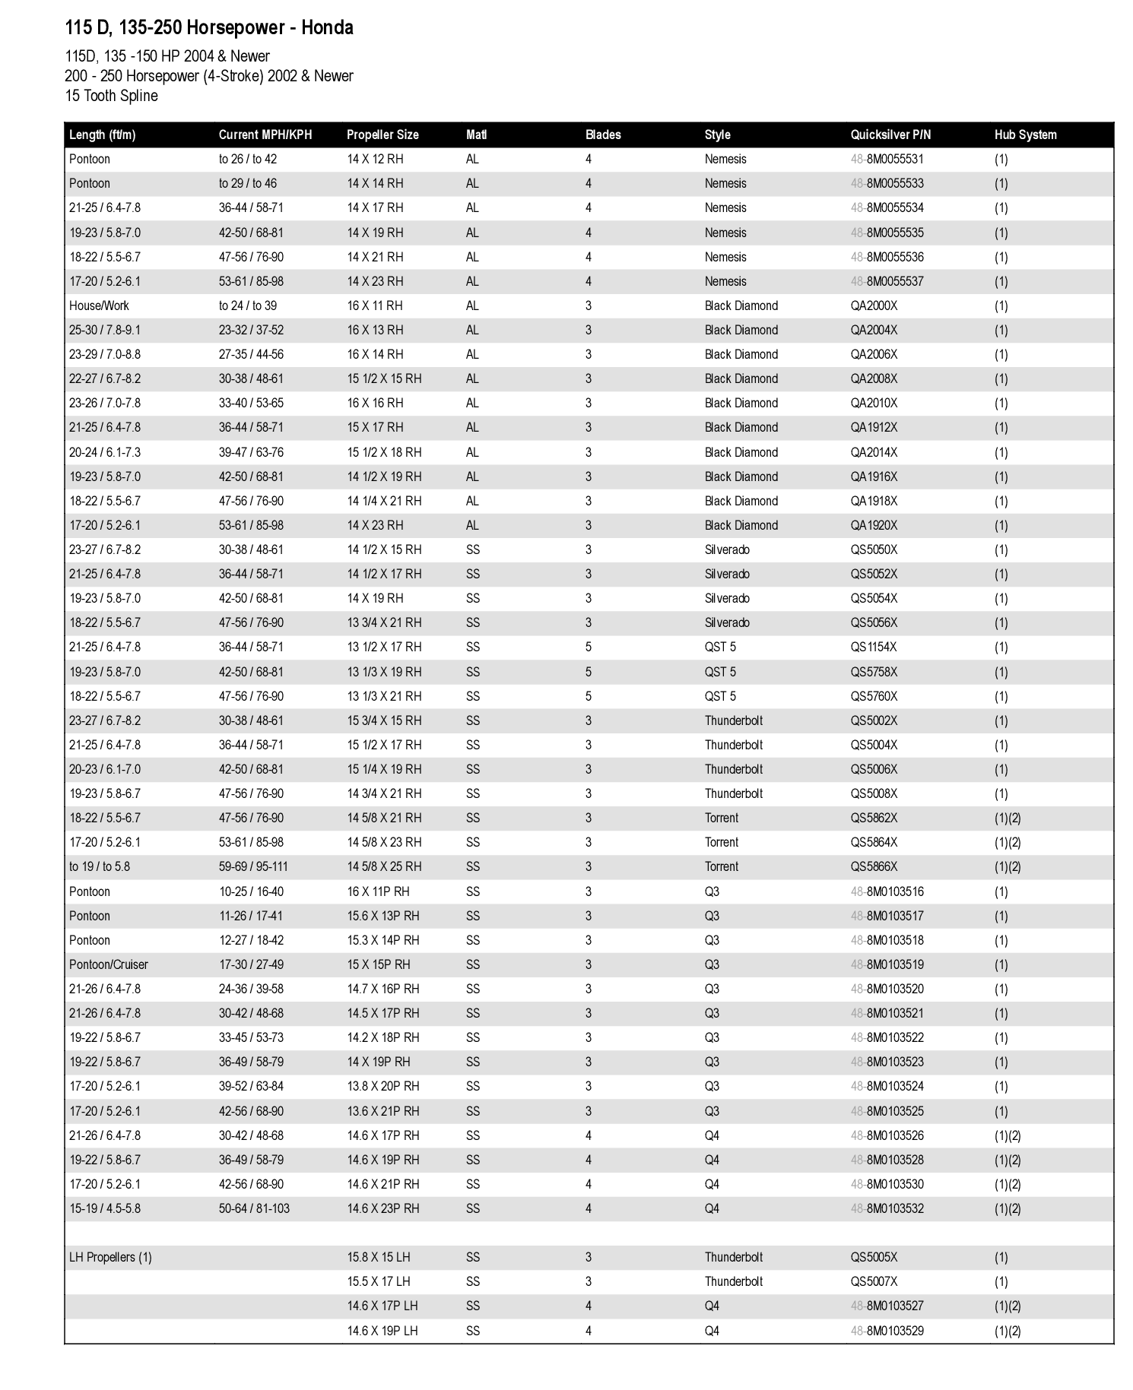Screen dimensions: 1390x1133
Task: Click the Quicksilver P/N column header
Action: tap(890, 135)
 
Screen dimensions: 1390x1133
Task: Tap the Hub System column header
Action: tap(1025, 135)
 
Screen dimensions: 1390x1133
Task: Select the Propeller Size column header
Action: tap(382, 135)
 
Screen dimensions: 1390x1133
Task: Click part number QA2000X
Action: tap(874, 306)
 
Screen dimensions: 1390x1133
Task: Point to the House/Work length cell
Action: tap(99, 306)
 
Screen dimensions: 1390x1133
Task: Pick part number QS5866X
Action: tap(874, 866)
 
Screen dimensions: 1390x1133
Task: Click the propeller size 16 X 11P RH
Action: tap(378, 891)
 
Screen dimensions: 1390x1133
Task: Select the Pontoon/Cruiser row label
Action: tap(108, 964)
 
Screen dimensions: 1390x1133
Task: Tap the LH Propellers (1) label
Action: tap(110, 1257)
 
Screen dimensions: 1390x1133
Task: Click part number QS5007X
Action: tap(874, 1281)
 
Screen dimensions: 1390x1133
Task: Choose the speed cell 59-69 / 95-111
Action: tap(253, 866)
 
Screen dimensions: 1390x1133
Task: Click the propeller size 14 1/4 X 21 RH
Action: tap(384, 501)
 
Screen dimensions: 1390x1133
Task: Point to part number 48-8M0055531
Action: tap(887, 159)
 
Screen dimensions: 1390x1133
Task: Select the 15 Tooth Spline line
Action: tap(111, 96)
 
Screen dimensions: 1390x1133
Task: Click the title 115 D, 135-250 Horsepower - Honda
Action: tap(209, 28)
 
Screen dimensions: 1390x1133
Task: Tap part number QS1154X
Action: tap(874, 647)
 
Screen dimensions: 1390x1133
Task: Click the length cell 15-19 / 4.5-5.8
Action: tap(105, 1208)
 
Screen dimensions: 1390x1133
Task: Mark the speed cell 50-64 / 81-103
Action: tap(254, 1208)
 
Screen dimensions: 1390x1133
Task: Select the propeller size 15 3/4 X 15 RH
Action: tap(384, 720)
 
